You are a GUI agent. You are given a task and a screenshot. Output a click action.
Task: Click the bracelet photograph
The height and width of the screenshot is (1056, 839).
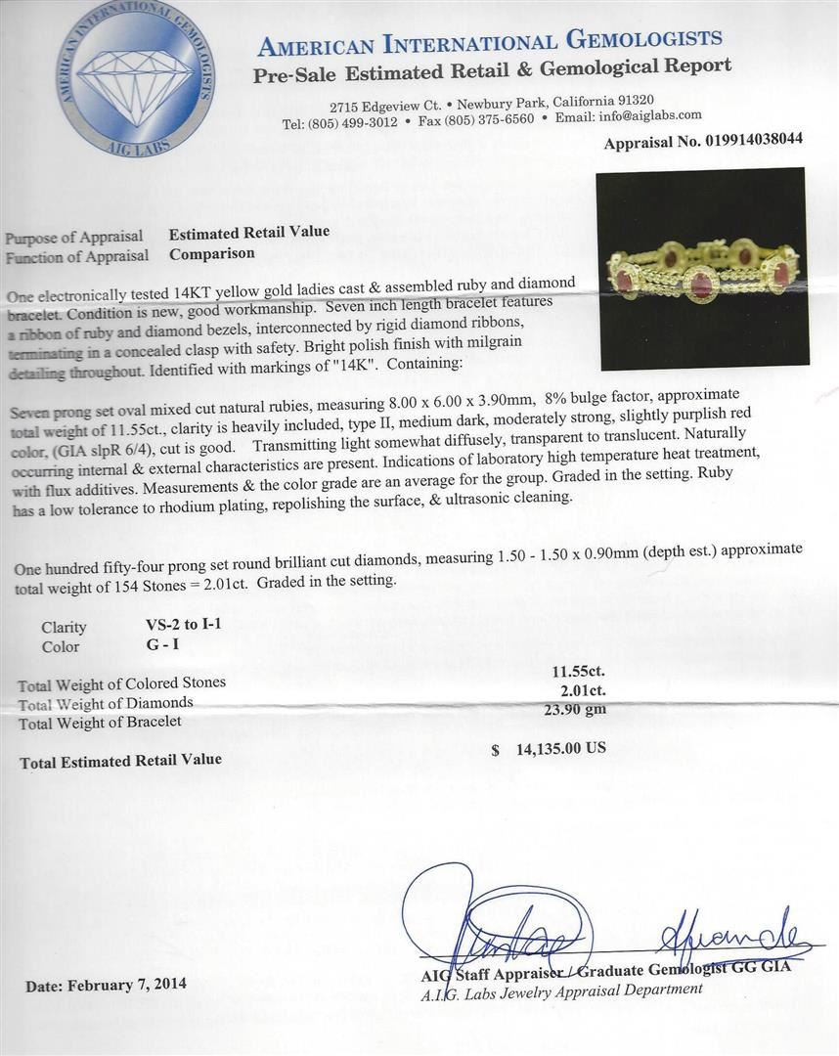(704, 268)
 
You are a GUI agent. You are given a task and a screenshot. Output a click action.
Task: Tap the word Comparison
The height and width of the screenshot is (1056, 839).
(211, 253)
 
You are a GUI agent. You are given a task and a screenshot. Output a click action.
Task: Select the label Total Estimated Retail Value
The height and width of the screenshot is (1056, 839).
(121, 760)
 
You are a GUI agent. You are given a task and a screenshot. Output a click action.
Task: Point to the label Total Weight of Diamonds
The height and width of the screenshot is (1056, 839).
(106, 703)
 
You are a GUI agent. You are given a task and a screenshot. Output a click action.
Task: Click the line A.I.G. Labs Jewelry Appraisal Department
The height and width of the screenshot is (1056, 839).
(561, 990)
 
